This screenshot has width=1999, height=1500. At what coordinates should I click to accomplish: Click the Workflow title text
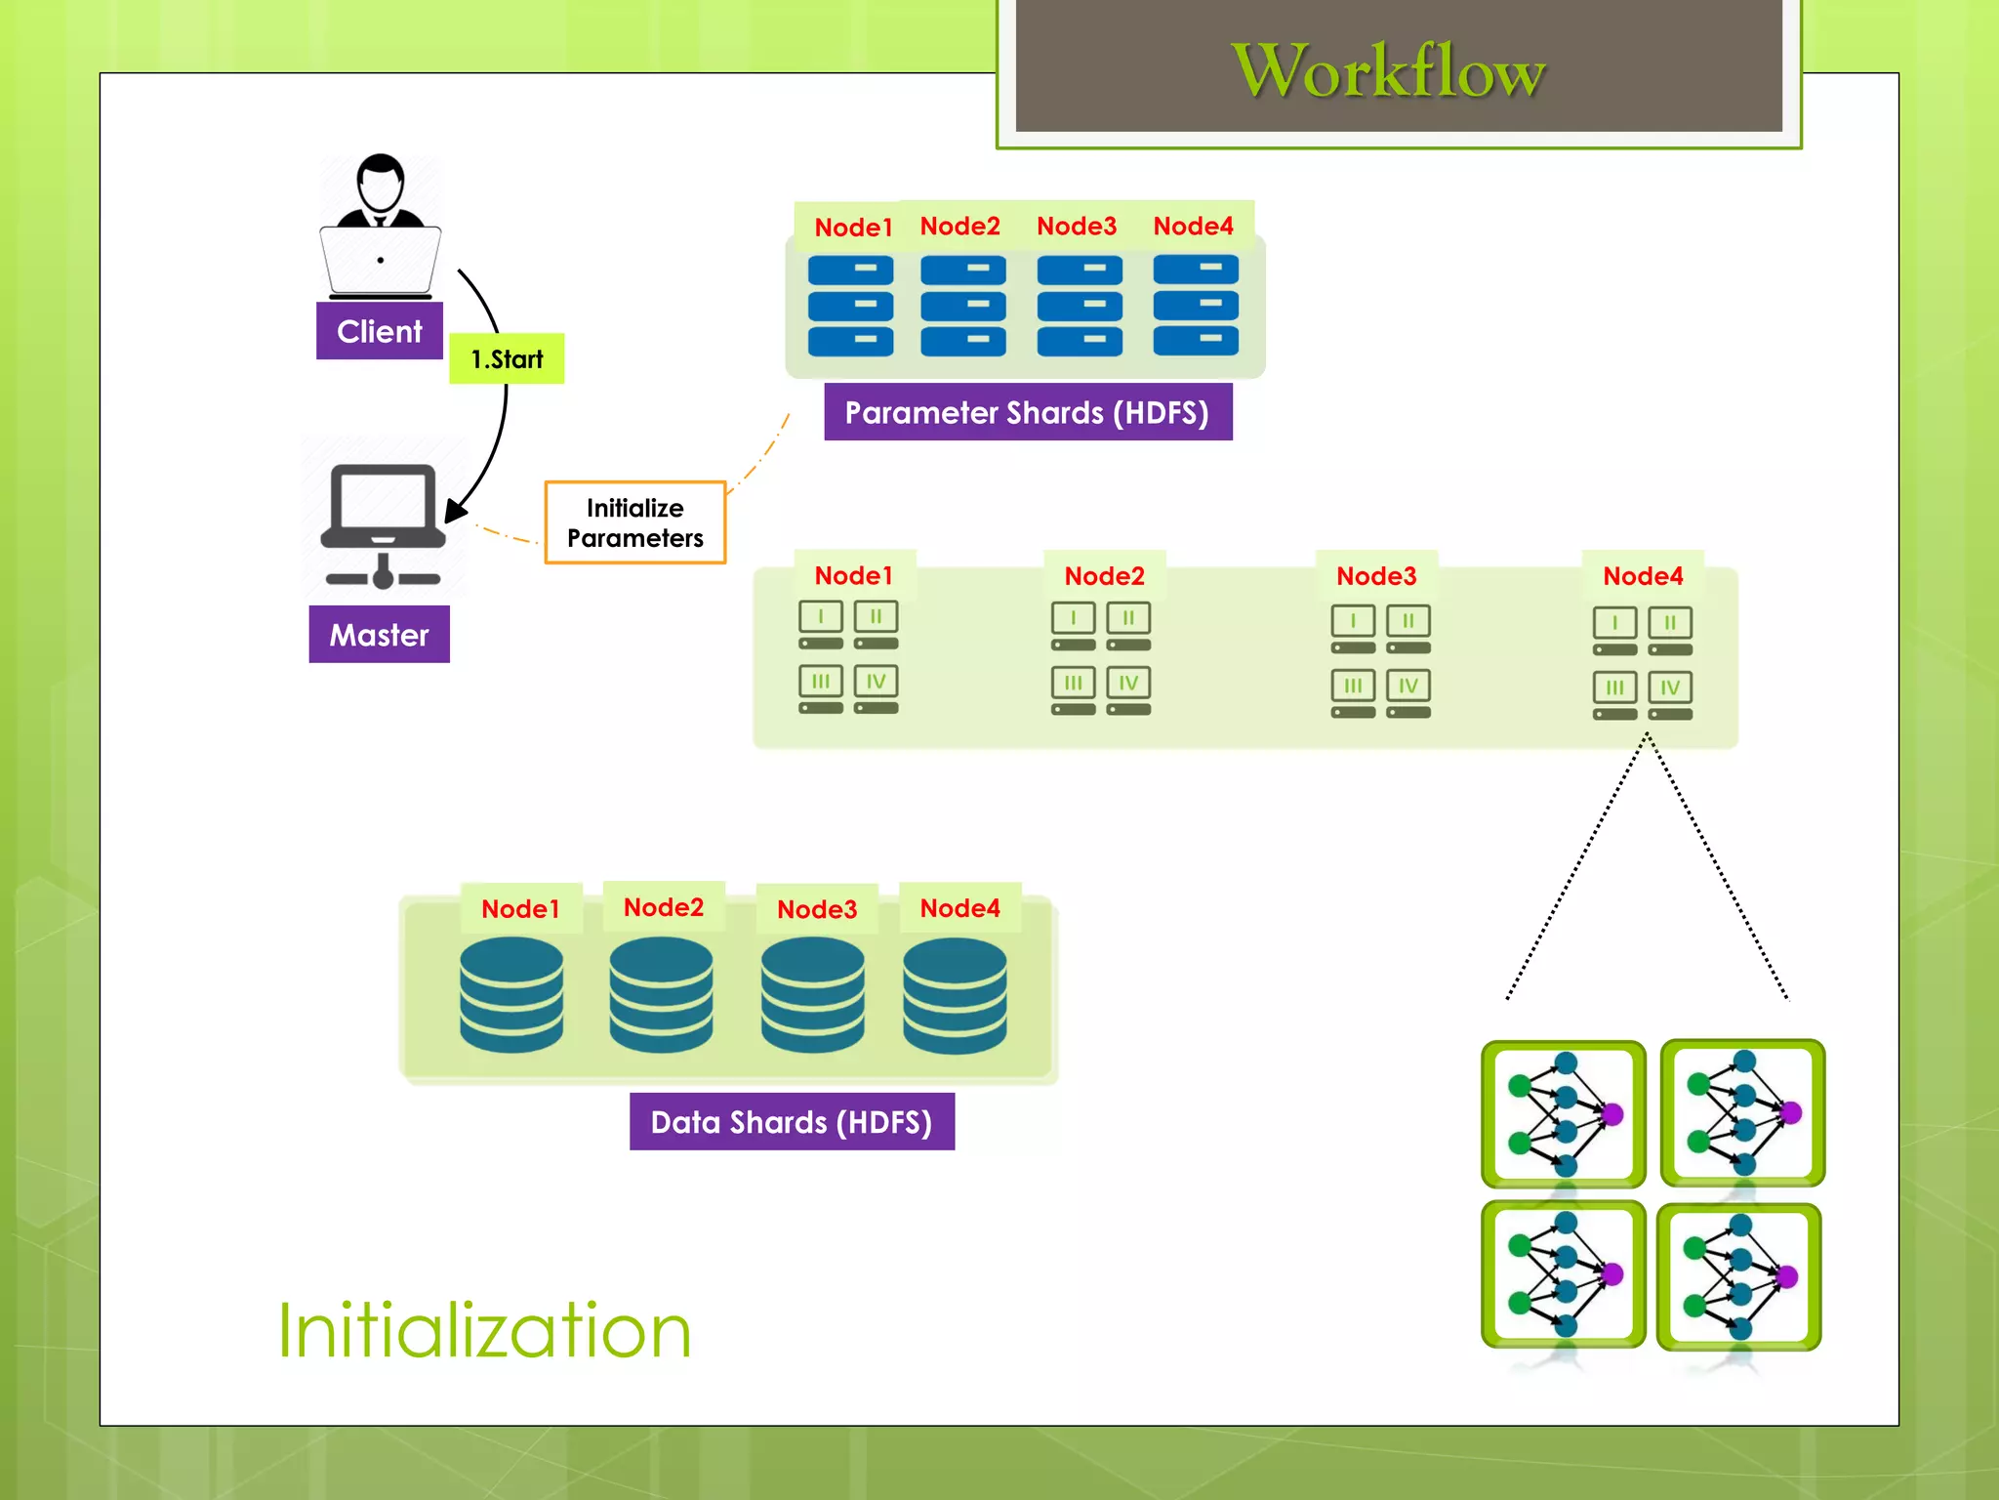coord(1388,70)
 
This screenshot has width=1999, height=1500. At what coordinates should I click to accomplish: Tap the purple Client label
coord(380,331)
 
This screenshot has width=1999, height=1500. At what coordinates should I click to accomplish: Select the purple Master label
coord(379,635)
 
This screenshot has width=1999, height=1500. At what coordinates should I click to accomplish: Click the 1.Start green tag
coord(507,358)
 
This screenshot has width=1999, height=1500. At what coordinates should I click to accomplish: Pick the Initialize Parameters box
coord(634,522)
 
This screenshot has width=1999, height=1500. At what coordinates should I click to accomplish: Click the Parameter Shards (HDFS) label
coord(1027,412)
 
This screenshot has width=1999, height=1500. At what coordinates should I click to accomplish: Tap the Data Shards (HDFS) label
coord(791,1121)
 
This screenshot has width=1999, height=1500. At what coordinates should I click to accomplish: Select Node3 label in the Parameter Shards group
coord(1076,226)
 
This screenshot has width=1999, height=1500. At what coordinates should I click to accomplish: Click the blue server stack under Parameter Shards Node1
coord(850,306)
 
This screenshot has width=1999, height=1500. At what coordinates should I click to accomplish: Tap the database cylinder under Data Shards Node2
coord(661,994)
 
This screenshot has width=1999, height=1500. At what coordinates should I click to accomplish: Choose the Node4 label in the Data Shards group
coord(959,908)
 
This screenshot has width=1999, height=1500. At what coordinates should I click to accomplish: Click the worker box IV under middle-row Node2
coord(1128,683)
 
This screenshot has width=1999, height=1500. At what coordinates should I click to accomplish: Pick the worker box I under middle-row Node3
coord(1353,620)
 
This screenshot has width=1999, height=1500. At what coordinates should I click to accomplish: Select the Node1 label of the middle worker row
coord(853,575)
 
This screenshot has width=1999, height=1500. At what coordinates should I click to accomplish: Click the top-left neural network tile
coord(1563,1113)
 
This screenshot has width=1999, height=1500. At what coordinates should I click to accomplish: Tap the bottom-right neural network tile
coord(1739,1276)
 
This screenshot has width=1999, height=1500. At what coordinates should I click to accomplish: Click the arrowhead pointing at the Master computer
coord(455,511)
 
